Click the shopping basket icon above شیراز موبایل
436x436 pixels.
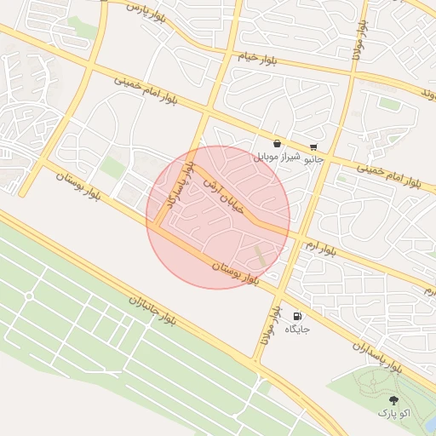278,145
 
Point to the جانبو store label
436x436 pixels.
314,158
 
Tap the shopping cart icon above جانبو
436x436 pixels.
314,146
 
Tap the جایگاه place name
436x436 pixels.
297,328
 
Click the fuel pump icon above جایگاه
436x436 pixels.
297,315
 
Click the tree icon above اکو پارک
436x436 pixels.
393,399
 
